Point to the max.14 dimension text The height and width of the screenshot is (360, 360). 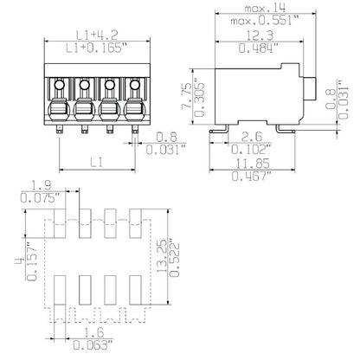270,8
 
